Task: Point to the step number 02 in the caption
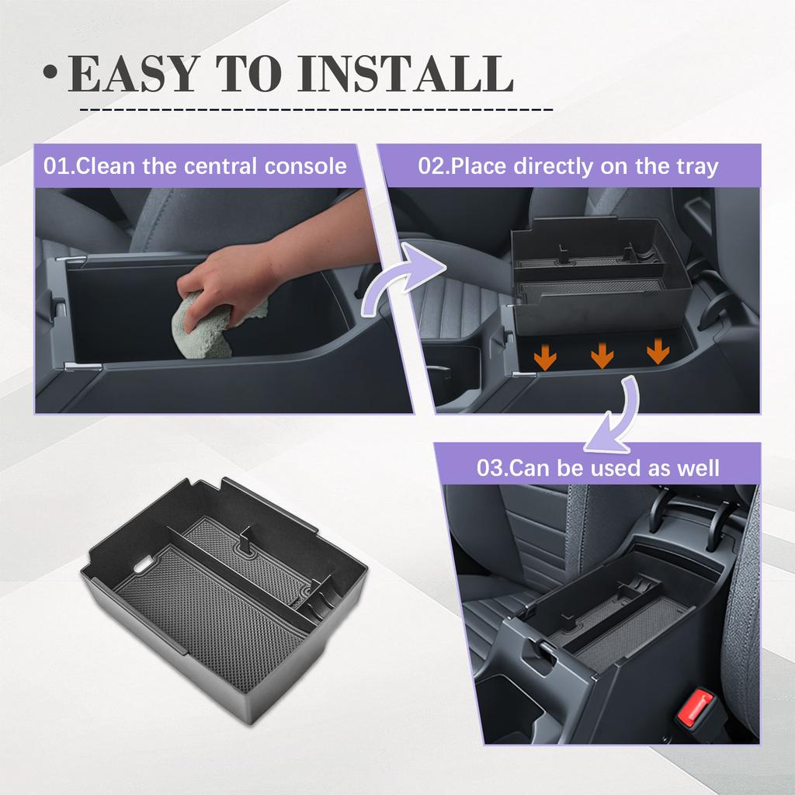pyautogui.click(x=432, y=166)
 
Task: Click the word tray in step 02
pyautogui.click(x=696, y=166)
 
